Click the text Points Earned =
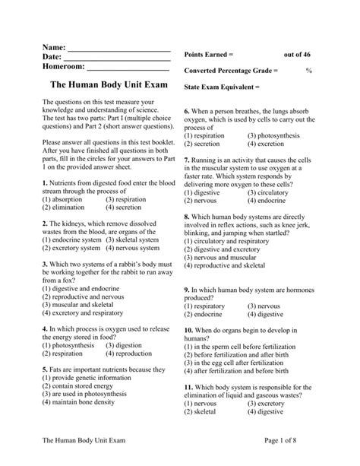point(209,55)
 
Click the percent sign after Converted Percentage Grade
point(309,70)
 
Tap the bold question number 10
point(190,331)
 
